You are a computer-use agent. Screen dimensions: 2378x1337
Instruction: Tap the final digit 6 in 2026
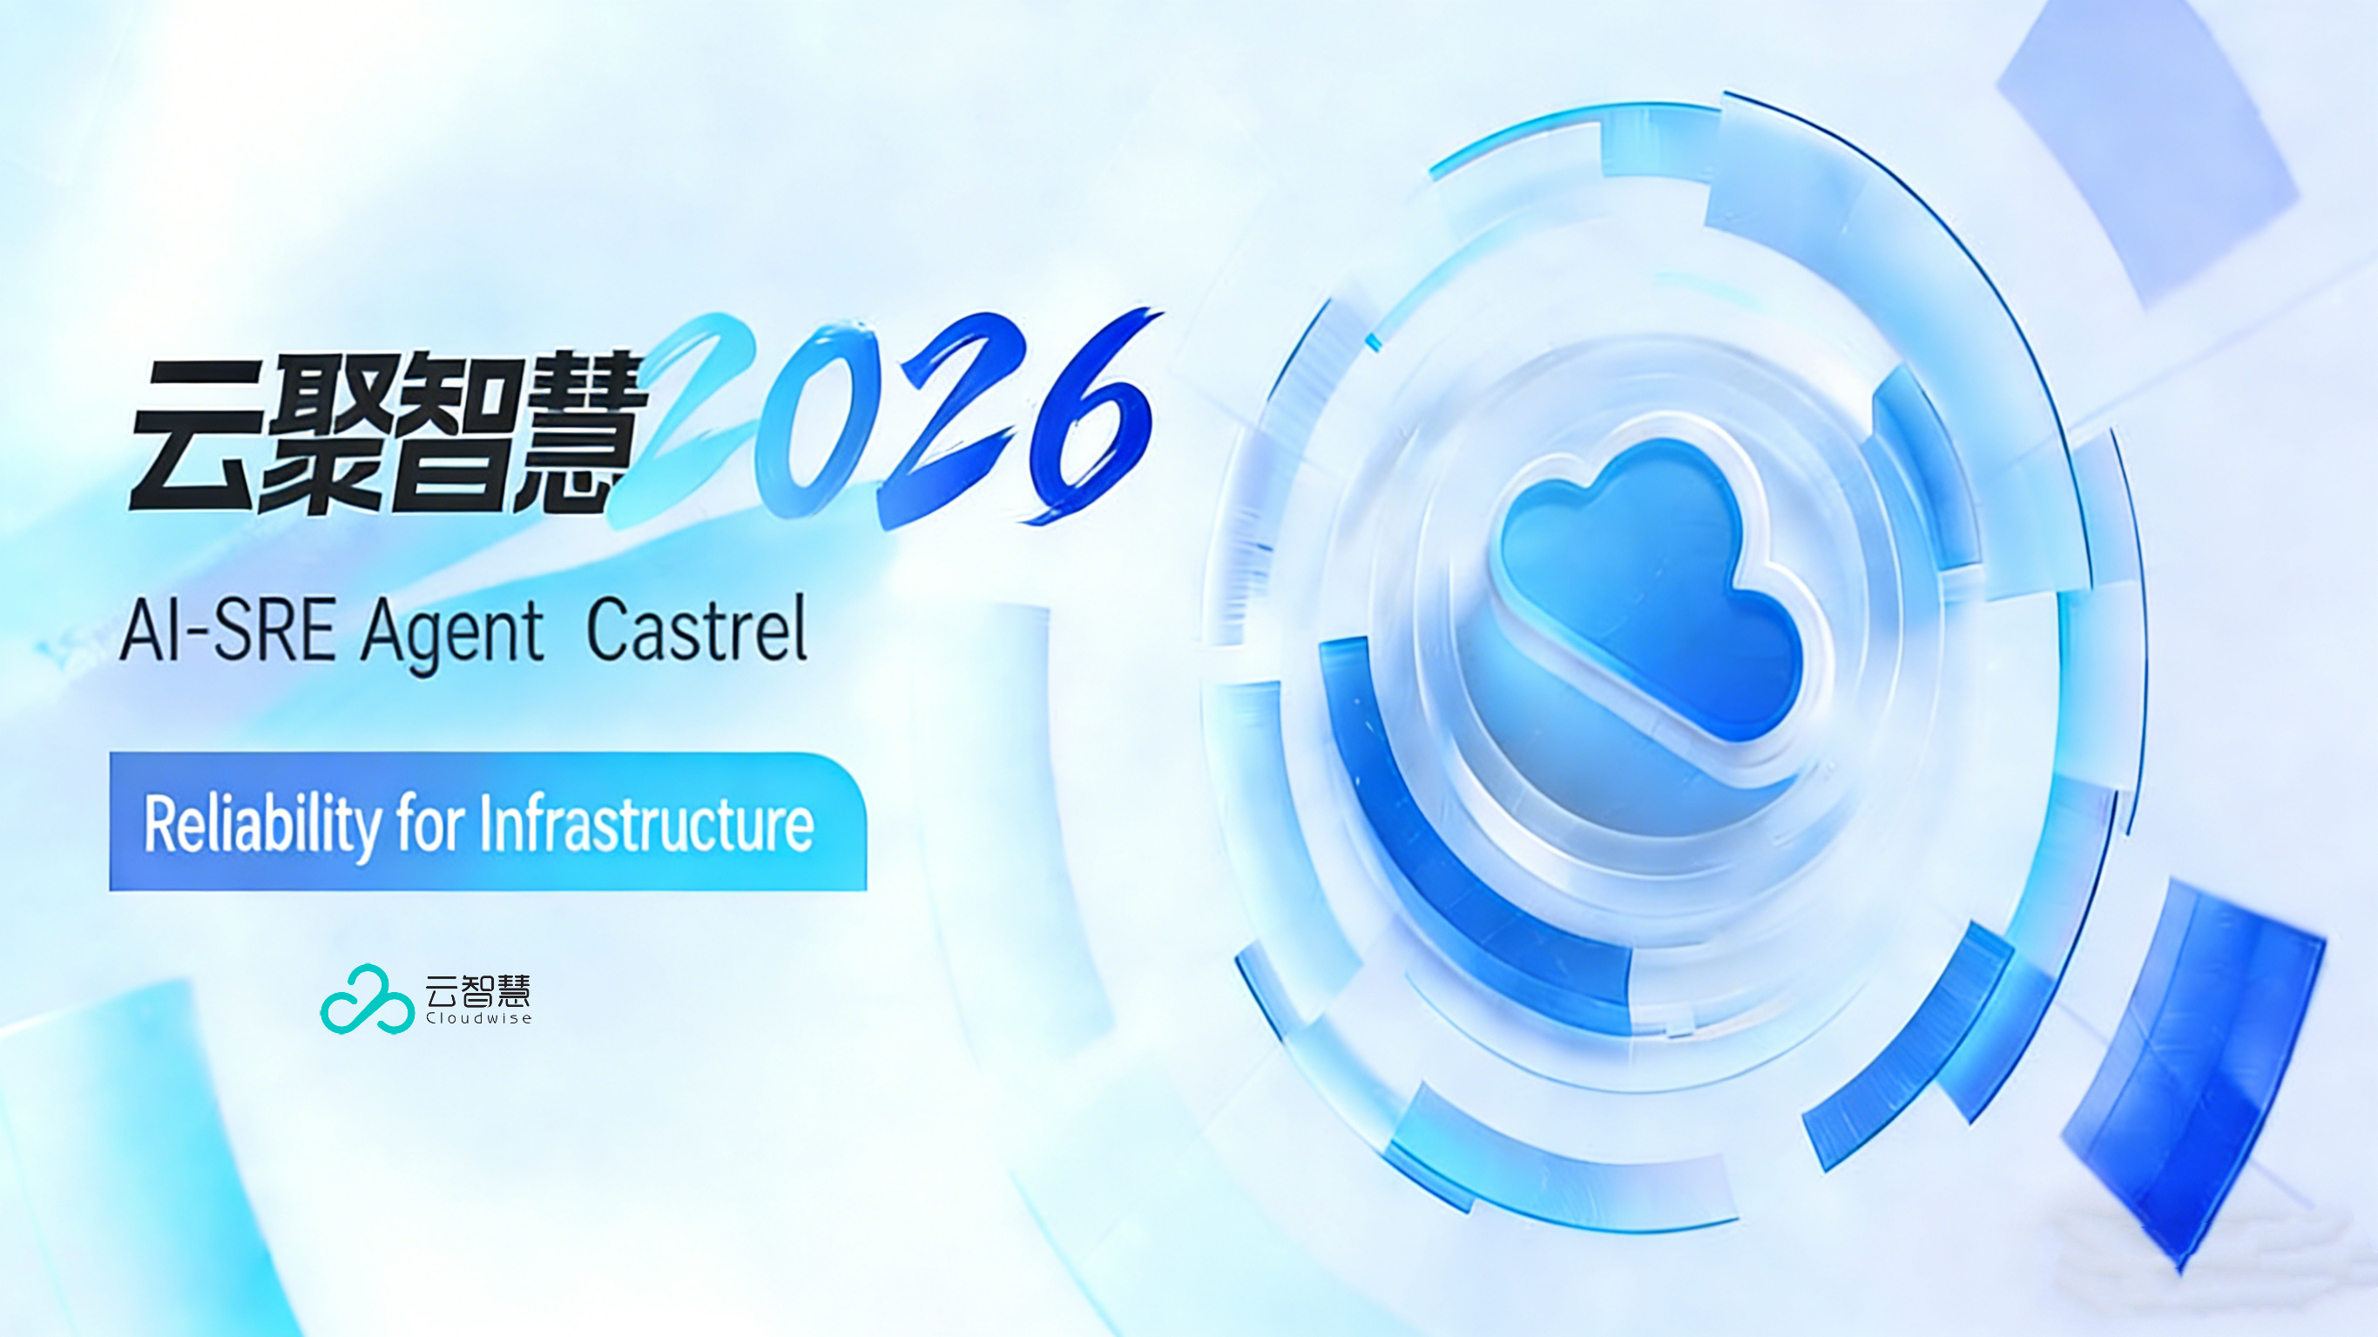coord(1090,415)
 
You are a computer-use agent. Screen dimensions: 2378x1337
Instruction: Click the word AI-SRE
coord(227,630)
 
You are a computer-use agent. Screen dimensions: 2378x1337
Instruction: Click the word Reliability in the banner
coord(261,825)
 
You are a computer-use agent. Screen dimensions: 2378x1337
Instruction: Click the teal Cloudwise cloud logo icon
coord(367,999)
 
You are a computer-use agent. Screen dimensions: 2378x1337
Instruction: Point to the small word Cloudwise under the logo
coord(478,1018)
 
